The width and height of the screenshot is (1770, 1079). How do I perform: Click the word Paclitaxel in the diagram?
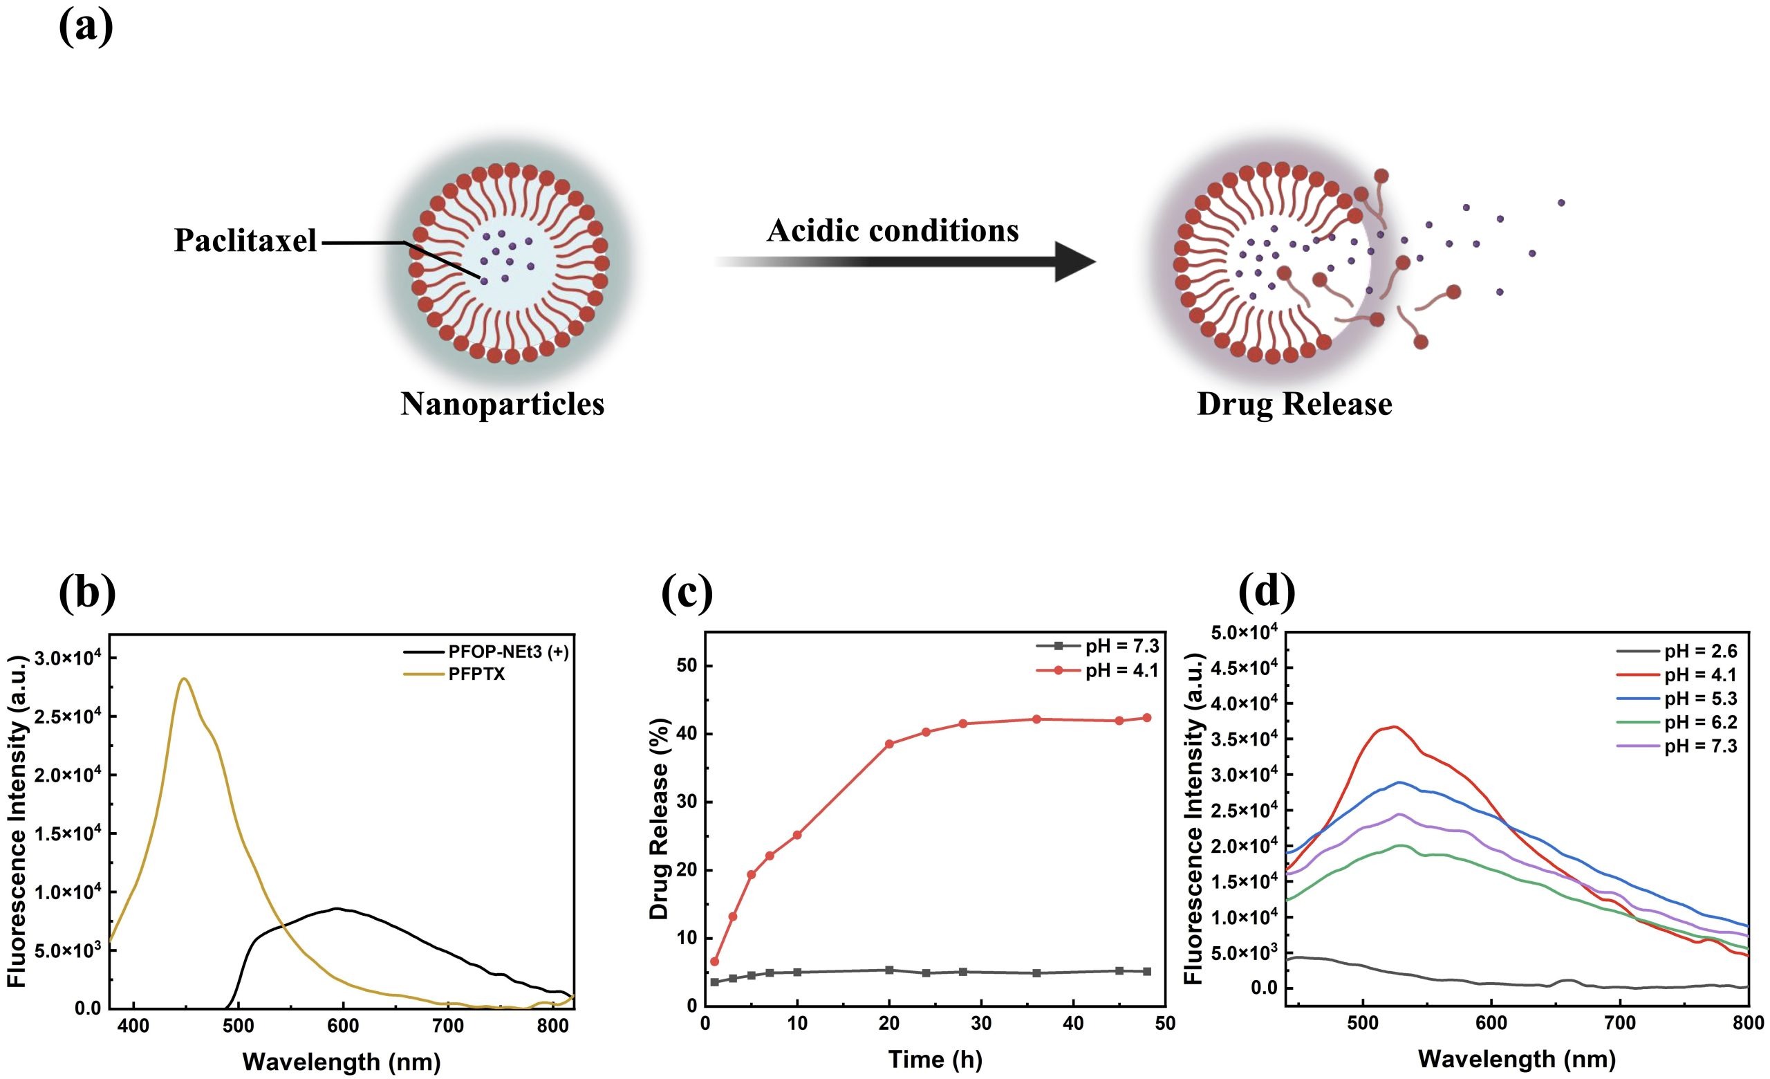pyautogui.click(x=245, y=241)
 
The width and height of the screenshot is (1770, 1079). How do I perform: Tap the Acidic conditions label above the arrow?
pyautogui.click(x=892, y=230)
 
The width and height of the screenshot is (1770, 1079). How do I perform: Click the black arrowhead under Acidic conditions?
pyautogui.click(x=1074, y=261)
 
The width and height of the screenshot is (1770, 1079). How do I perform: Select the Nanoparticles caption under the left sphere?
pyautogui.click(x=502, y=404)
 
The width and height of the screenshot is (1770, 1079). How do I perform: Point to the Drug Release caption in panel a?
pyautogui.click(x=1294, y=404)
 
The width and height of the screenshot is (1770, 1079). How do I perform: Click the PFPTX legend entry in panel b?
pyautogui.click(x=477, y=674)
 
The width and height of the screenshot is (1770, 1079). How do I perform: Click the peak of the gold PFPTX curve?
pyautogui.click(x=184, y=678)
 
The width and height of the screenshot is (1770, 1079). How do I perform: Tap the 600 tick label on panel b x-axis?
pyautogui.click(x=344, y=1026)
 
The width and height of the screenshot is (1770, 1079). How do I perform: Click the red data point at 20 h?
pyautogui.click(x=889, y=744)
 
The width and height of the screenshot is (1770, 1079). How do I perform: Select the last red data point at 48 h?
pyautogui.click(x=1146, y=718)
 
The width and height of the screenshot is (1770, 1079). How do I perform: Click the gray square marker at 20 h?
pyautogui.click(x=889, y=970)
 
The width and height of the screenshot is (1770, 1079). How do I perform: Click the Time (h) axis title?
pyautogui.click(x=935, y=1060)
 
